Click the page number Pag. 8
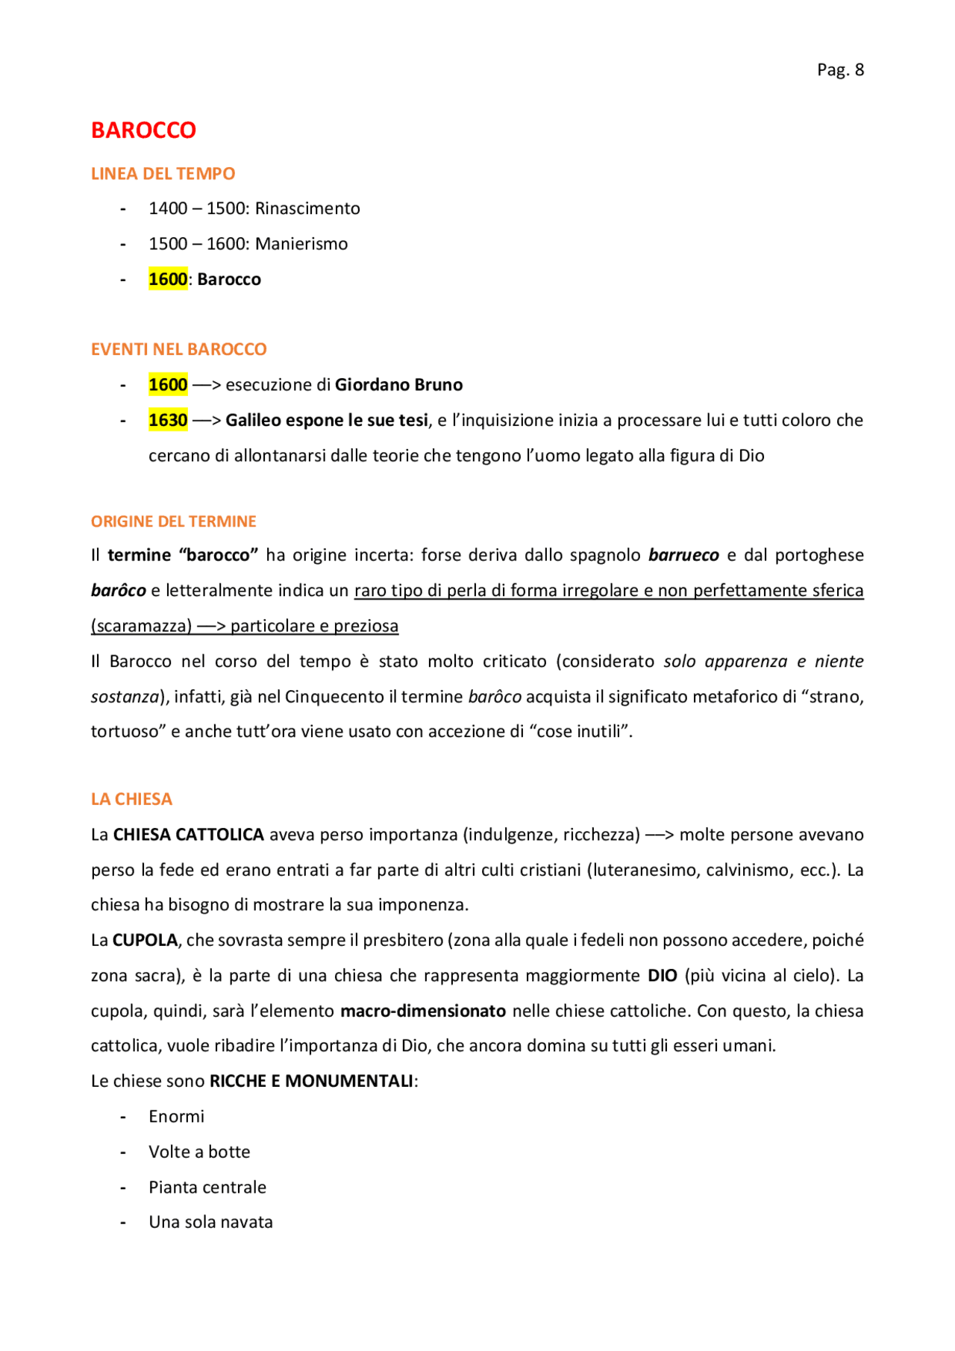[x=840, y=70]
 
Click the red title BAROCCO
[x=143, y=131]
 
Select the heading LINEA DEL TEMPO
[x=163, y=174]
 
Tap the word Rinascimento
[x=307, y=209]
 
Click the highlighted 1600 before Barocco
[x=168, y=280]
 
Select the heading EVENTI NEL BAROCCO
[x=178, y=349]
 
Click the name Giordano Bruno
[x=398, y=385]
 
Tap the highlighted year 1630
[x=168, y=421]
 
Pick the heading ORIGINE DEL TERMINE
[x=173, y=521]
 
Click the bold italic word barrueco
[x=683, y=555]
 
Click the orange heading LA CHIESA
[x=131, y=799]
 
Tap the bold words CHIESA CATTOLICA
[x=188, y=835]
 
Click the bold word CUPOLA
[x=145, y=940]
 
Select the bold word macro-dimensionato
[x=423, y=1011]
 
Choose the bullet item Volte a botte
[x=199, y=1152]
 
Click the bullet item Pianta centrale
[x=207, y=1187]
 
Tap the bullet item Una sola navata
[x=210, y=1222]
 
